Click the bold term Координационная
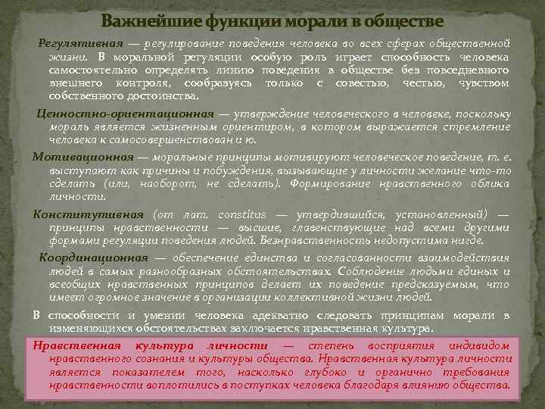click(x=94, y=258)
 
